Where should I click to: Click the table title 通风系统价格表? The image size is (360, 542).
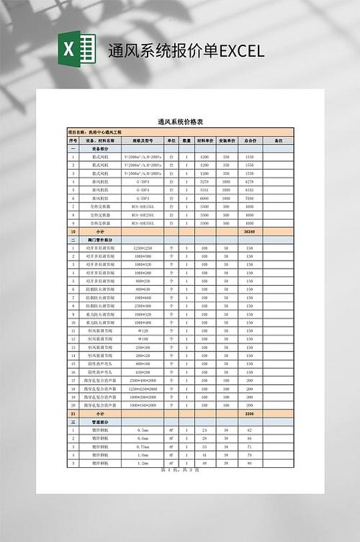pyautogui.click(x=180, y=123)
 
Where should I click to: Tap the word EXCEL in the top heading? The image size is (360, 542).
pyautogui.click(x=242, y=51)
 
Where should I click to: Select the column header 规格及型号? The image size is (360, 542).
pyautogui.click(x=142, y=140)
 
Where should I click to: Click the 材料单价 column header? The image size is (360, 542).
pyautogui.click(x=204, y=140)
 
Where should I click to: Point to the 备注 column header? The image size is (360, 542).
pyautogui.click(x=279, y=140)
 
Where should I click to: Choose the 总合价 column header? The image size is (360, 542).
pyautogui.click(x=250, y=140)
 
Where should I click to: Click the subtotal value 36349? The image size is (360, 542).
pyautogui.click(x=250, y=232)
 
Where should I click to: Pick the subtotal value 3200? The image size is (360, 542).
pyautogui.click(x=250, y=415)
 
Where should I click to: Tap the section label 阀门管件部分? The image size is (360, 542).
pyautogui.click(x=101, y=240)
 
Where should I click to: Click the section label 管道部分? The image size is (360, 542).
pyautogui.click(x=101, y=423)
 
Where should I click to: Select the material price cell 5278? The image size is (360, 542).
pyautogui.click(x=204, y=182)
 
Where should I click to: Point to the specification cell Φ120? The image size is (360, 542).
pyautogui.click(x=142, y=330)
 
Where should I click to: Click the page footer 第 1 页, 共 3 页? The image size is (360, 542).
pyautogui.click(x=179, y=470)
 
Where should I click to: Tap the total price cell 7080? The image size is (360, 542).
pyautogui.click(x=250, y=198)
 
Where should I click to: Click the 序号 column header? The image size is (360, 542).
pyautogui.click(x=73, y=140)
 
